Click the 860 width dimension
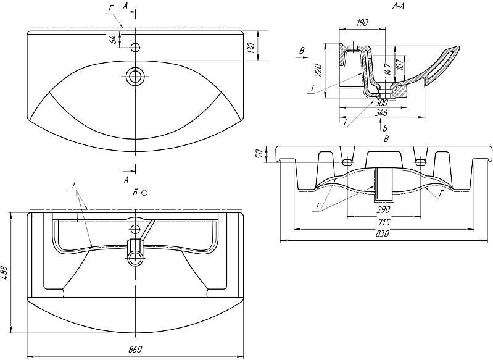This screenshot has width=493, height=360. click(x=136, y=349)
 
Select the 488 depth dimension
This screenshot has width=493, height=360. click(x=6, y=272)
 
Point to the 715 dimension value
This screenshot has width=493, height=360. click(x=383, y=220)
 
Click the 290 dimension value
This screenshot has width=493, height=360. click(x=383, y=209)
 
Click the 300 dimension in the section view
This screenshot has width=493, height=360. click(x=383, y=103)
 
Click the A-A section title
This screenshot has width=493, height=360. click(x=398, y=6)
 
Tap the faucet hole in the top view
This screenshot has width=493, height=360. click(x=135, y=46)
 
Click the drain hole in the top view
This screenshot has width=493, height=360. click(x=135, y=76)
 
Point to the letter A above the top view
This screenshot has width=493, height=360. click(x=126, y=6)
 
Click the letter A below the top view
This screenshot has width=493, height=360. click(x=126, y=179)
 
